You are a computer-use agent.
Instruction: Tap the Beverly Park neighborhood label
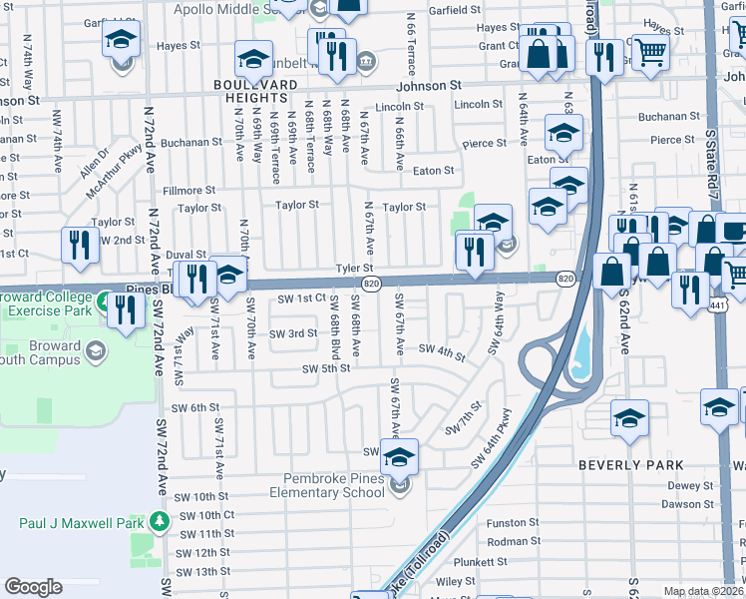tap(631, 465)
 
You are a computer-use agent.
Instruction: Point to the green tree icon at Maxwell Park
tap(159, 522)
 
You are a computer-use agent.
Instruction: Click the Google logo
tap(33, 587)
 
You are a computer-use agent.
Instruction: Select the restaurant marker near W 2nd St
tap(80, 247)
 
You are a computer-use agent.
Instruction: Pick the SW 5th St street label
tap(326, 368)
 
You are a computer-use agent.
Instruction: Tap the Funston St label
tap(513, 522)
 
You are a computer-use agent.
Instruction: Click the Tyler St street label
tap(354, 268)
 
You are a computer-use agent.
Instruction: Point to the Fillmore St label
tap(189, 190)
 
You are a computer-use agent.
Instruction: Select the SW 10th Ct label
tap(207, 515)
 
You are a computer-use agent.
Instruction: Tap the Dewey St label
tap(679, 486)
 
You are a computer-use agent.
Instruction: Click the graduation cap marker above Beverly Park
tap(629, 419)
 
